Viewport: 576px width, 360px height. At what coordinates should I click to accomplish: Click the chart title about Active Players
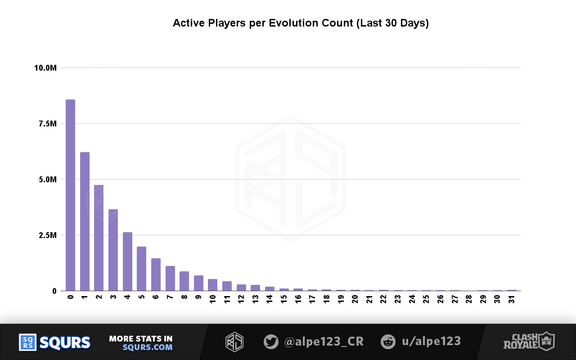301,23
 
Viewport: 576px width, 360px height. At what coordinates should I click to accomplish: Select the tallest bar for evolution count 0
70,195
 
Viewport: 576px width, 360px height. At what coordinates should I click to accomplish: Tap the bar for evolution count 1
85,221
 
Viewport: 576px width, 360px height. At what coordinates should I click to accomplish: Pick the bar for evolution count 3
113,250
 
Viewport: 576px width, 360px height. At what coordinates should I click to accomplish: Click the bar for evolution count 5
141,269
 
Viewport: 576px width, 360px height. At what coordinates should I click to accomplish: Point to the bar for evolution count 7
170,279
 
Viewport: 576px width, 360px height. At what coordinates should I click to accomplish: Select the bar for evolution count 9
198,283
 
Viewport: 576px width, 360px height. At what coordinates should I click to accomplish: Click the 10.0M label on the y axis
45,68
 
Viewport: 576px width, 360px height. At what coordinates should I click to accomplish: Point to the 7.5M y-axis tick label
47,124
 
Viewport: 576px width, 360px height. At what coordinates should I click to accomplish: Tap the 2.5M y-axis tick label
47,235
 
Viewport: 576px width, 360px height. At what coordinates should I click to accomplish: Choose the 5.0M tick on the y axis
47,180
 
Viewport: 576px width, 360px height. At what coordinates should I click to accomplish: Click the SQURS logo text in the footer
65,342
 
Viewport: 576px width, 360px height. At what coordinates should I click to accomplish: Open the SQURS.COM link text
147,347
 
